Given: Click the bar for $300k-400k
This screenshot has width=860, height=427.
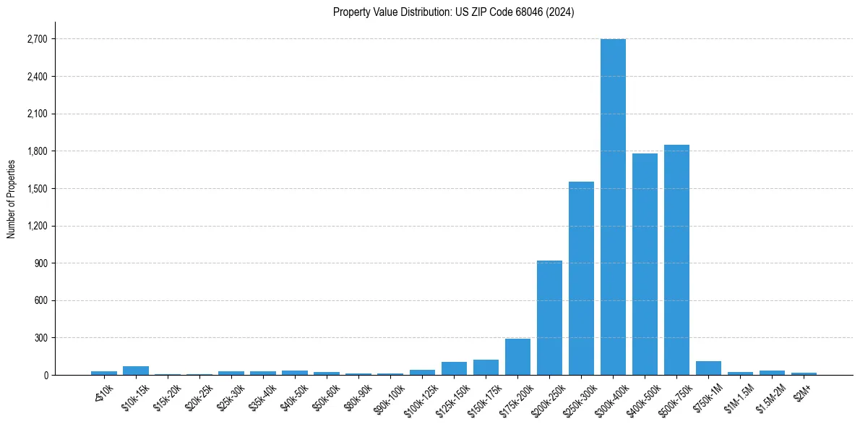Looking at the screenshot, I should click(613, 207).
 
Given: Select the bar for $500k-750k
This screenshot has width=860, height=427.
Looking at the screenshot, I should click(676, 260).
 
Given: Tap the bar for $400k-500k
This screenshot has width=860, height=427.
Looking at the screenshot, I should click(645, 264).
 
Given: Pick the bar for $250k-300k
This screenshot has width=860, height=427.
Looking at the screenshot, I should click(581, 279).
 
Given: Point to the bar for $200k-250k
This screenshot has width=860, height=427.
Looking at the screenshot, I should click(549, 318).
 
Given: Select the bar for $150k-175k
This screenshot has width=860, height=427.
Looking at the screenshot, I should click(486, 367).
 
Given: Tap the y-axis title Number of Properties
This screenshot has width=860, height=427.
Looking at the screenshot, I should click(12, 198).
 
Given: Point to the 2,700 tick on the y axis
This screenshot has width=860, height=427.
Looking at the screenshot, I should click(36, 39).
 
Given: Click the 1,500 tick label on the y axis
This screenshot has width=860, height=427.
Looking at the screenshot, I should click(36, 188).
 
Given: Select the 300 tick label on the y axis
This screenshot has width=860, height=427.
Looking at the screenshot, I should click(40, 338).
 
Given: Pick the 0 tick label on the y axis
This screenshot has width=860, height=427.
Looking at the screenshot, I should click(45, 375).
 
